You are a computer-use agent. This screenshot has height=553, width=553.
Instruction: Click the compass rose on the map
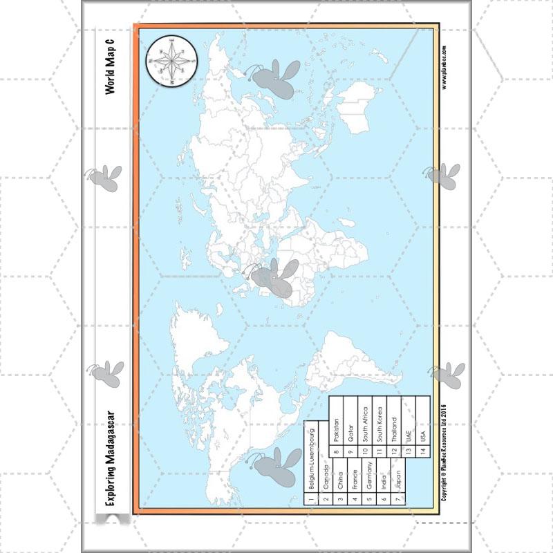pyautogui.click(x=171, y=59)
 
